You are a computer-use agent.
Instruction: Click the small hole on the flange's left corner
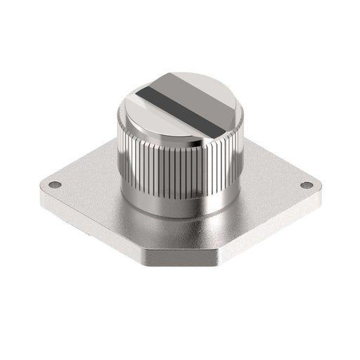pos(55,186)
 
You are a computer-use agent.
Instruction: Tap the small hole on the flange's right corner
pos(307,186)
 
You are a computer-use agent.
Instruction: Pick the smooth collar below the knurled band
pos(179,201)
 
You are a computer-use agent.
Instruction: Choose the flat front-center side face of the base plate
pos(180,260)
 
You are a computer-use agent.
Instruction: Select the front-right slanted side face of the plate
pos(271,225)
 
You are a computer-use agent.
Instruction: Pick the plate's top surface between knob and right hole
pos(274,184)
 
